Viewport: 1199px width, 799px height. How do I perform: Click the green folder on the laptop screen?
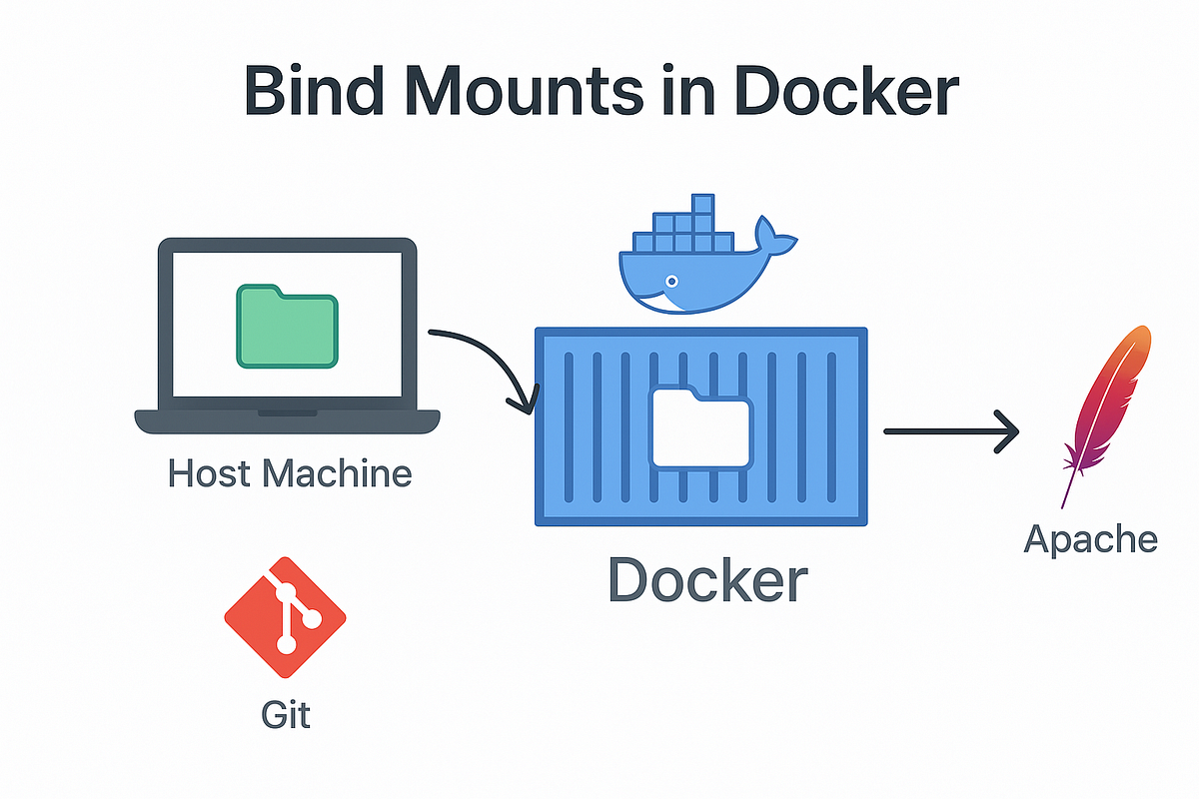tap(286, 326)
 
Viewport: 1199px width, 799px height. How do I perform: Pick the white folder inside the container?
tap(700, 426)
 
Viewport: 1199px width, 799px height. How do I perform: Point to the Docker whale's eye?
tap(672, 281)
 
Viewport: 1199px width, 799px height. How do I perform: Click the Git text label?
tap(286, 715)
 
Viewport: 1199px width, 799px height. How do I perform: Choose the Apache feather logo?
tap(1105, 409)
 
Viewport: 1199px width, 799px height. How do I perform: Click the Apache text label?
tap(1091, 539)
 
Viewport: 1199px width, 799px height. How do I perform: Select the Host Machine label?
tap(289, 472)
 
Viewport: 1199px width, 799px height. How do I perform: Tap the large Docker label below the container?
tap(707, 579)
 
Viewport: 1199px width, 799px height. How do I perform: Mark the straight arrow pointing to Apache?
tap(949, 431)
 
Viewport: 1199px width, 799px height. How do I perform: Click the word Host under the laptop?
tap(209, 472)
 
